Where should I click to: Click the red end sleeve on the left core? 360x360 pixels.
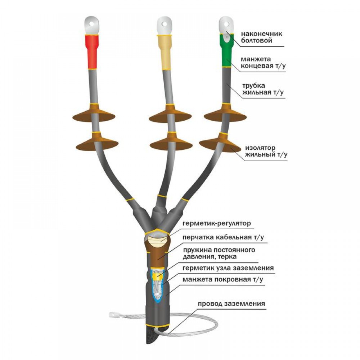[x=92, y=51]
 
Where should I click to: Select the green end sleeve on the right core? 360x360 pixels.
[x=226, y=50]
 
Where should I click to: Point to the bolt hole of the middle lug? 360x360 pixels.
[x=165, y=23]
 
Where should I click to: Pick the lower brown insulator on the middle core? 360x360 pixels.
[x=171, y=141]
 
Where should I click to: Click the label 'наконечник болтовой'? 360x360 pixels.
[x=261, y=37]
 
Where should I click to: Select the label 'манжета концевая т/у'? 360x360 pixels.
[x=263, y=62]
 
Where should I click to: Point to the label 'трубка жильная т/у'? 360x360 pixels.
[x=263, y=89]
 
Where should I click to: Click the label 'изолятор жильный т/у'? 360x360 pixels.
[x=266, y=151]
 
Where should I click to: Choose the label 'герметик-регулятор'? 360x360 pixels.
[x=217, y=223]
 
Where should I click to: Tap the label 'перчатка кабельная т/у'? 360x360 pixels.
[x=223, y=237]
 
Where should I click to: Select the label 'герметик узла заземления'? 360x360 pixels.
[x=228, y=268]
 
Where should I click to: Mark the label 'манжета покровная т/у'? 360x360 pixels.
[x=223, y=279]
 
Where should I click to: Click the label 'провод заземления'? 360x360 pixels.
[x=231, y=303]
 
